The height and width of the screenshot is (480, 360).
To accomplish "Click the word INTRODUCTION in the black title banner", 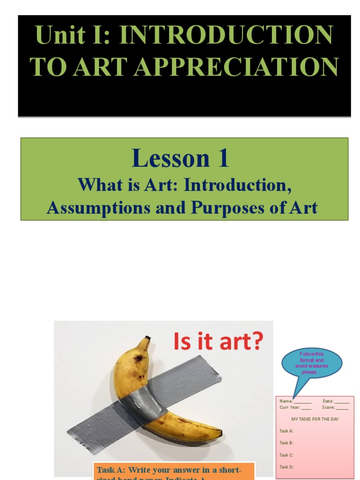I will click(x=226, y=36).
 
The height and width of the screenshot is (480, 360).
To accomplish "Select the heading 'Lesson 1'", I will click(x=180, y=158).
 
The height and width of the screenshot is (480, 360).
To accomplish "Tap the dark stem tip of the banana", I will click(x=148, y=338).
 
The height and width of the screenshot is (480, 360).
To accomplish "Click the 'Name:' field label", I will click(x=286, y=401).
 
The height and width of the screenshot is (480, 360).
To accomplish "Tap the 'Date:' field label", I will click(x=328, y=401).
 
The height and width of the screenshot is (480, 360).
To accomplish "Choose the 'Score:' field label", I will click(x=328, y=408).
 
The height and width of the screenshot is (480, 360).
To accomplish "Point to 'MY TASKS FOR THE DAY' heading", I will click(x=315, y=419).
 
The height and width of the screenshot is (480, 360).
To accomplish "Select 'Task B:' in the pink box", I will click(x=286, y=443).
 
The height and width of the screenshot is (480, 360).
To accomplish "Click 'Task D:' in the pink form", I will click(x=286, y=467).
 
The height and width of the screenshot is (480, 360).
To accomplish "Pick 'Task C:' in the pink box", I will click(x=286, y=455).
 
